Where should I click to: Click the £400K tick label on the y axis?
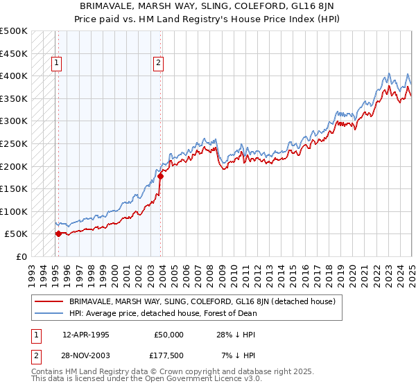[14, 76]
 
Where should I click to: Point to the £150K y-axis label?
[14, 188]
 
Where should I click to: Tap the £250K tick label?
[14, 143]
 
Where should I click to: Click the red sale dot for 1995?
[58, 233]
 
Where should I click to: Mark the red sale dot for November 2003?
[160, 176]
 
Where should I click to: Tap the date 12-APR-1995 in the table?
[85, 335]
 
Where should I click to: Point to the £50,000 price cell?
[167, 335]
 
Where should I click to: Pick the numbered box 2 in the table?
[34, 355]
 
